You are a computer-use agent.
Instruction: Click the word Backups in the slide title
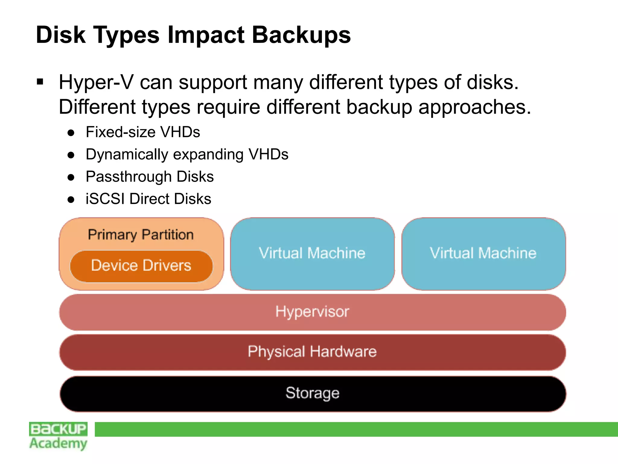tap(301, 35)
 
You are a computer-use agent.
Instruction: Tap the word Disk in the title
tap(61, 35)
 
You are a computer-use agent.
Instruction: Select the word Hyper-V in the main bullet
tap(96, 82)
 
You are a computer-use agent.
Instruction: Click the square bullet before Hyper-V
tap(40, 82)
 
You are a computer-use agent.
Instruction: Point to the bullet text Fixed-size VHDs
tap(143, 132)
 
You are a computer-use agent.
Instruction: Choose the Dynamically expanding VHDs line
tap(187, 154)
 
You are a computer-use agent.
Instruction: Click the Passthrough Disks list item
tap(150, 176)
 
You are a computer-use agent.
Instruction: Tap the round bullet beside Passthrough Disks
tap(71, 177)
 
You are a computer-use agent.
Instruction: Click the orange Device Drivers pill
tap(141, 266)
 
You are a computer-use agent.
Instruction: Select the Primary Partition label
tap(141, 235)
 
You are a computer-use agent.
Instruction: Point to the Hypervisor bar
tap(312, 312)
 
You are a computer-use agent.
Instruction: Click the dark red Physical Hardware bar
tap(312, 352)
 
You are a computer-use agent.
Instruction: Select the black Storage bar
tap(312, 393)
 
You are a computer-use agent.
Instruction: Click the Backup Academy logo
tap(58, 436)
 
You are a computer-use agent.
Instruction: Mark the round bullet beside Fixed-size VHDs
tap(71, 133)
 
